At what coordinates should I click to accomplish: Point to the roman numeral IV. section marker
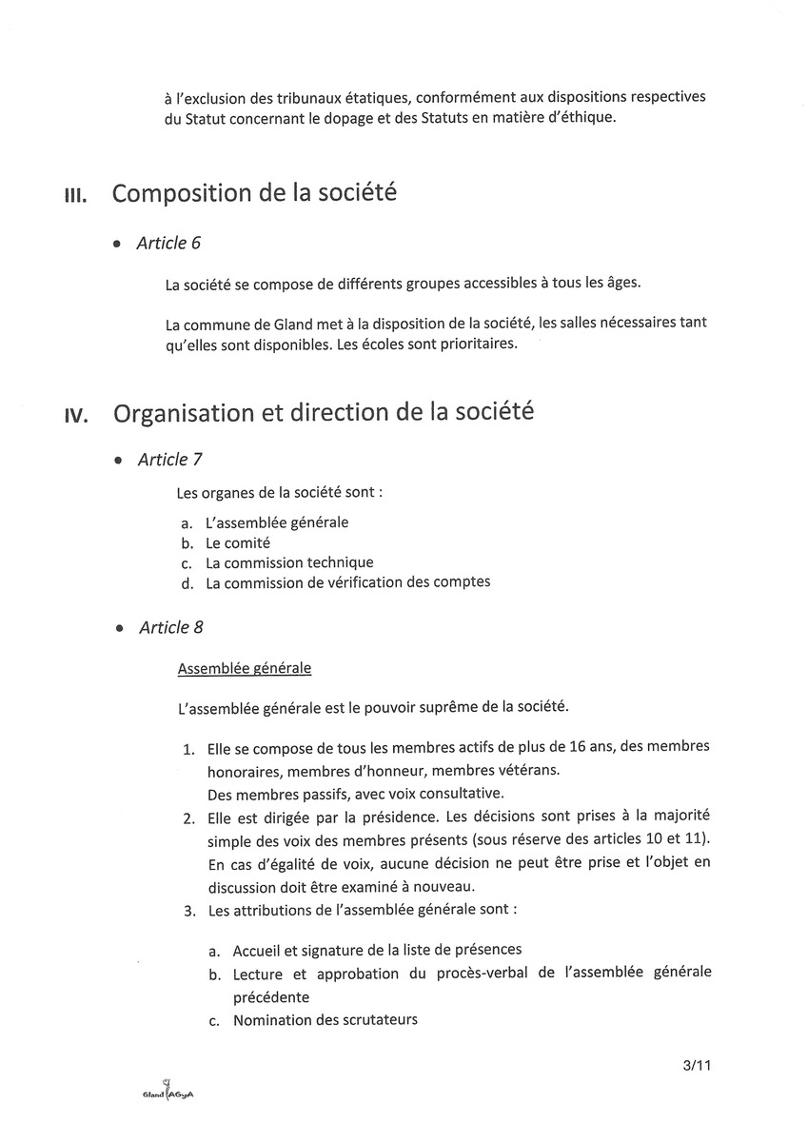pos(76,416)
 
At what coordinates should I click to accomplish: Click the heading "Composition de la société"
pos(254,193)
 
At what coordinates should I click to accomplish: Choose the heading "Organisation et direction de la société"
pos(324,413)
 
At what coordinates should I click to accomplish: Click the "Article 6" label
pos(168,244)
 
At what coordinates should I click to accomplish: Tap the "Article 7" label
pos(169,460)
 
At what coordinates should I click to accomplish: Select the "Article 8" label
pos(170,628)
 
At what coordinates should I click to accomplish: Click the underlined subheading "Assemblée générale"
pos(245,669)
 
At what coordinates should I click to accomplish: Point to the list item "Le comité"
pos(238,543)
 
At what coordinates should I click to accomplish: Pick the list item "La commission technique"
pos(289,562)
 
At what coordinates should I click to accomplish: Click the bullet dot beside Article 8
pos(118,629)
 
